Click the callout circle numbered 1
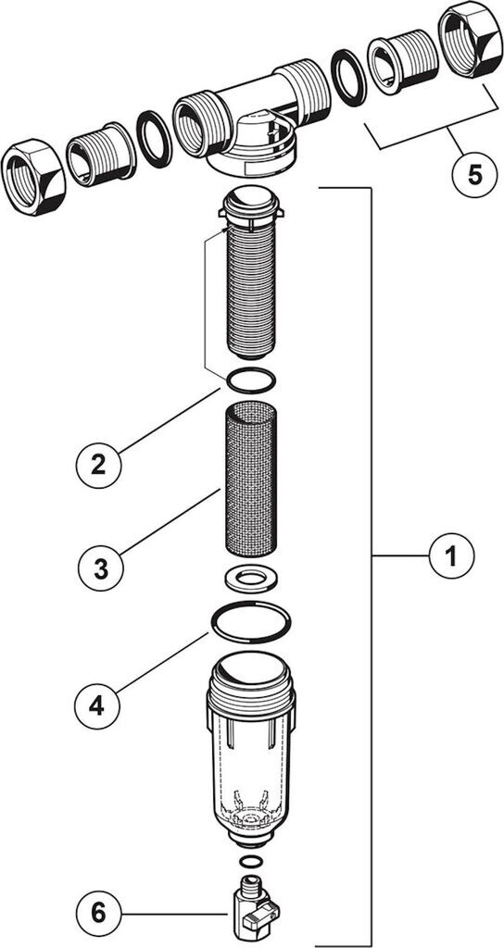(451, 555)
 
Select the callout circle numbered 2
(98, 466)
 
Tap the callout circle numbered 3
(100, 568)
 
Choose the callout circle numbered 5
(475, 174)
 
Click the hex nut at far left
(33, 177)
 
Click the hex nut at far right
(470, 39)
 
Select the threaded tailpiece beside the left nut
(101, 155)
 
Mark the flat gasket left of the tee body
(155, 140)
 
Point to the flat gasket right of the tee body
(349, 78)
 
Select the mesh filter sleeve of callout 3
(251, 480)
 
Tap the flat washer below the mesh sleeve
(250, 579)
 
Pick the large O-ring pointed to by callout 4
(250, 623)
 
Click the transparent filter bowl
(250, 749)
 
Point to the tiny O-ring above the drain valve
(250, 861)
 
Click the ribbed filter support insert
(251, 273)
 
